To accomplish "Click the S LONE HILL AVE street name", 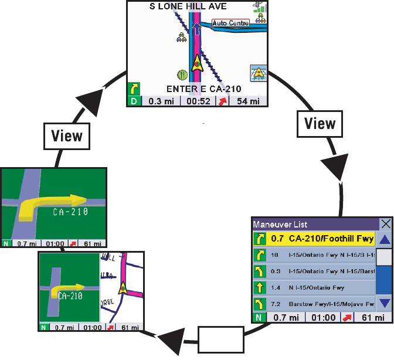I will (x=188, y=6).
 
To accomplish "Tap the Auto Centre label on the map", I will (x=230, y=23).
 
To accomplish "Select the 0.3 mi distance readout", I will (x=160, y=101).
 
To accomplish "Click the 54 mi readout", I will (x=248, y=101).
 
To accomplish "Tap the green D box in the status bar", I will (x=134, y=101).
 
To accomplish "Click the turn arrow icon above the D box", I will (x=134, y=89).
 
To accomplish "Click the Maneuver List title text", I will (x=280, y=224).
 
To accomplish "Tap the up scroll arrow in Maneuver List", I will (x=383, y=239).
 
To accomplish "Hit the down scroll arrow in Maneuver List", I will (x=383, y=303).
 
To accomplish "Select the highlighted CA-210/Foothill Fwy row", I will (x=314, y=239).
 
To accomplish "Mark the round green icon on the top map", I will (x=182, y=75).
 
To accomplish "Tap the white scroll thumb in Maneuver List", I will (x=383, y=257).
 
